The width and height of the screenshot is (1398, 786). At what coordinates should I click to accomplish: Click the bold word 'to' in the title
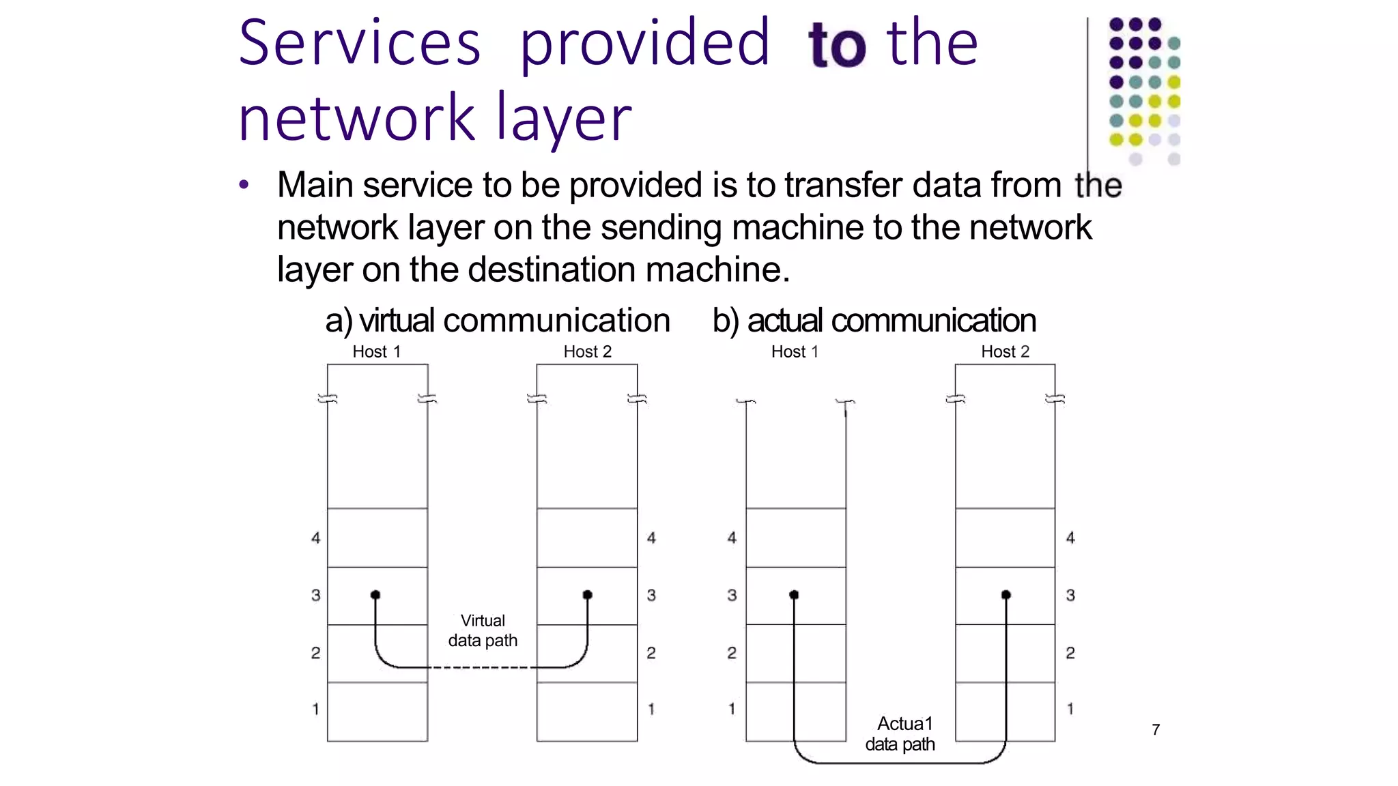click(837, 45)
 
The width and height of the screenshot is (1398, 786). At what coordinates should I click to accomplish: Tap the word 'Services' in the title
click(360, 44)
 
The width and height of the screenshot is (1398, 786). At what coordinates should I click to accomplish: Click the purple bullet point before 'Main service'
click(244, 185)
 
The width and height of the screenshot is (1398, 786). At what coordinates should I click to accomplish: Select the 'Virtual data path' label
click(483, 630)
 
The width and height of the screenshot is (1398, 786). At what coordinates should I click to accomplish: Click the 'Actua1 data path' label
click(901, 733)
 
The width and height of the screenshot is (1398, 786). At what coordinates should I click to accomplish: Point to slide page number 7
click(1155, 729)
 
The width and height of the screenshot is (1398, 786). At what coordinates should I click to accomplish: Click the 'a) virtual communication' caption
click(498, 320)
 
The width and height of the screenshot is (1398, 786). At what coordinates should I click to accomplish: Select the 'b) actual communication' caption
click(874, 320)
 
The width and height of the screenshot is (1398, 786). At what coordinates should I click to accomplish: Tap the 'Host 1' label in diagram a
click(376, 351)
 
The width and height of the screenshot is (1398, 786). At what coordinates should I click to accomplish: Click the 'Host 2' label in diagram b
click(1005, 351)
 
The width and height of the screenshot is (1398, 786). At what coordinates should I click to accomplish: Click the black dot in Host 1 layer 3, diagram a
click(375, 595)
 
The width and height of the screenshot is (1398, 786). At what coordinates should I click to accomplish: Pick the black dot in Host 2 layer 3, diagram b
click(1005, 595)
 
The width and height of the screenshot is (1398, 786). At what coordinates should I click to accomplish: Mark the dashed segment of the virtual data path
click(482, 667)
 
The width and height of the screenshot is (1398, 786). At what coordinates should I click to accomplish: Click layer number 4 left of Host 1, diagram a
click(315, 538)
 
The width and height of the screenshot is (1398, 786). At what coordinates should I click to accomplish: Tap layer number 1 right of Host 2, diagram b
click(1070, 709)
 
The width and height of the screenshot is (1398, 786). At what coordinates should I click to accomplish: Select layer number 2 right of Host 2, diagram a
click(651, 653)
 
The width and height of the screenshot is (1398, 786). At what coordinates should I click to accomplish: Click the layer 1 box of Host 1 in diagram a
click(377, 712)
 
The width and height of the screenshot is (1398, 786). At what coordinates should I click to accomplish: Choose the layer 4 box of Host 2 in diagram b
click(1005, 538)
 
